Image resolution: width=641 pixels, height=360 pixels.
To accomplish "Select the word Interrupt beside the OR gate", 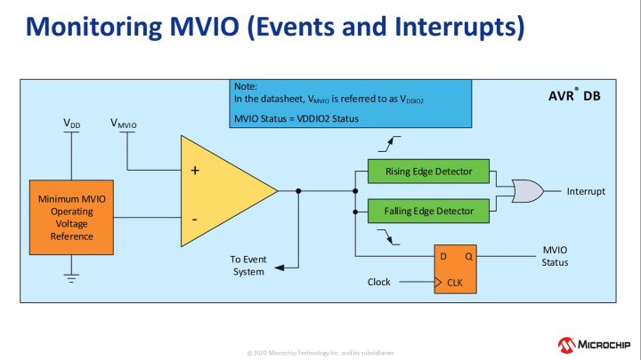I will tap(585, 191).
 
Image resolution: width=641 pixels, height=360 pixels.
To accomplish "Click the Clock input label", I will tap(380, 283).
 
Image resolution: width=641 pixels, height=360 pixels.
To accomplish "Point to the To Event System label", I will tap(248, 265).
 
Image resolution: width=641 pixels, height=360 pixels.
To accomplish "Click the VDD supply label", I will tap(72, 124).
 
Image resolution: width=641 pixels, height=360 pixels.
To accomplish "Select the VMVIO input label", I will tap(123, 124).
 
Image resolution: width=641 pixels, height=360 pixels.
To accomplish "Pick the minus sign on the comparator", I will tap(195, 217).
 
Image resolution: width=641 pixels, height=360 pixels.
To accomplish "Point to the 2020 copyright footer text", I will tap(320, 353).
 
